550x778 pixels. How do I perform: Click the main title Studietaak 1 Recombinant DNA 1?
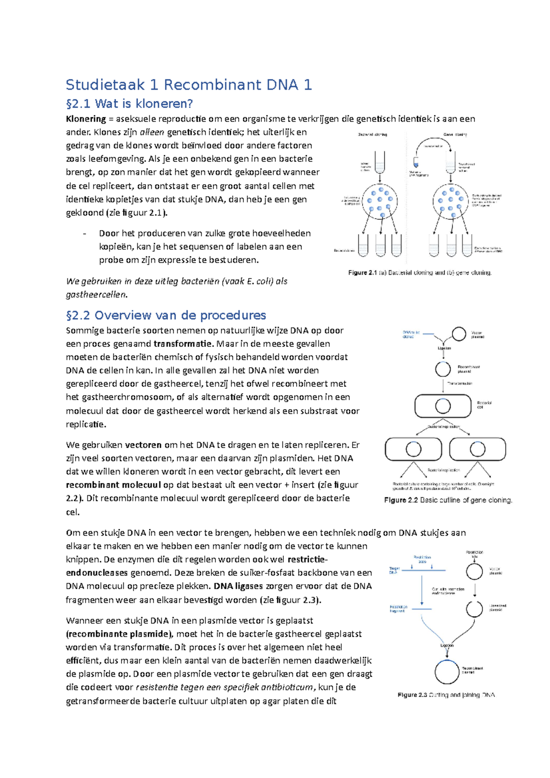[189, 85]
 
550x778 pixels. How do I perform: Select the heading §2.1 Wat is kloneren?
[130, 104]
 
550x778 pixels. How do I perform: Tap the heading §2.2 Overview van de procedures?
[166, 315]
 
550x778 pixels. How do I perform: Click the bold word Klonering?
[86, 119]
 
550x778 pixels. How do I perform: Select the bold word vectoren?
[143, 445]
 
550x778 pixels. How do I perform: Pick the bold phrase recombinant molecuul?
[113, 485]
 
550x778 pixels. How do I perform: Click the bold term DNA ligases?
[238, 586]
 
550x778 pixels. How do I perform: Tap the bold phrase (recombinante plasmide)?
[120, 634]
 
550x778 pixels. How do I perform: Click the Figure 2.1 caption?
[419, 273]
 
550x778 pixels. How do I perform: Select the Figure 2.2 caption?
[448, 500]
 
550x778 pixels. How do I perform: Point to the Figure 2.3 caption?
[446, 695]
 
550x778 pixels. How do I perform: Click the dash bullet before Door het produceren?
[85, 234]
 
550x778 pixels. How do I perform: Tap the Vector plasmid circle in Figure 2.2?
[459, 334]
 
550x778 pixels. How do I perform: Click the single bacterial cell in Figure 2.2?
[443, 406]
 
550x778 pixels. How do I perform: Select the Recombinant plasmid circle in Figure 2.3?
[446, 672]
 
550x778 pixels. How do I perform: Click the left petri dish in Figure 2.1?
[379, 201]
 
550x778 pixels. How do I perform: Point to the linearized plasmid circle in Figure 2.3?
[474, 609]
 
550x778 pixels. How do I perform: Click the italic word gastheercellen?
[96, 295]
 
